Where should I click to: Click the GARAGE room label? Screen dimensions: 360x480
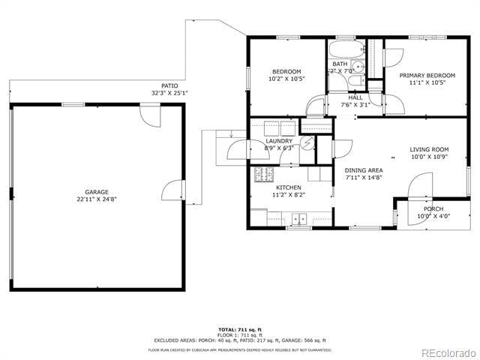(97, 191)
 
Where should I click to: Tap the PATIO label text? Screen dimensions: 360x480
(169, 85)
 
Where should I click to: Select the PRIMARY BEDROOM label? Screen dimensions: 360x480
(427, 75)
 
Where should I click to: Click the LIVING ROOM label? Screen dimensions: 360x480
(429, 149)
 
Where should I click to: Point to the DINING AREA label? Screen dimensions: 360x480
(364, 170)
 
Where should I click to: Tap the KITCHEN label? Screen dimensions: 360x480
(289, 187)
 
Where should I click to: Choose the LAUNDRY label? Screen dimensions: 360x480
(279, 140)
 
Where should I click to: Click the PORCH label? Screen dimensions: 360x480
(433, 208)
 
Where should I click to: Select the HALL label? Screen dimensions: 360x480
(355, 97)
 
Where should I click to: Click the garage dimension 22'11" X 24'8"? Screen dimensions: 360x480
(97, 199)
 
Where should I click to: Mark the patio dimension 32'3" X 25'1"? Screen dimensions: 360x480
(169, 93)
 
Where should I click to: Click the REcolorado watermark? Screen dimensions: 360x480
(447, 352)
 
